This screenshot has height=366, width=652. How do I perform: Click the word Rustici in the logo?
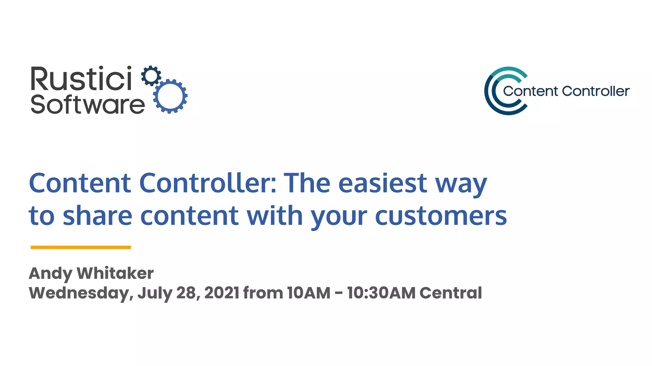pyautogui.click(x=81, y=78)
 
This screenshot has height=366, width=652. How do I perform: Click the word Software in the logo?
pyautogui.click(x=88, y=105)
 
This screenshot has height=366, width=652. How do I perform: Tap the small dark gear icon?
pyautogui.click(x=151, y=76)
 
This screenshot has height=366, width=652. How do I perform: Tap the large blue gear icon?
pyautogui.click(x=170, y=96)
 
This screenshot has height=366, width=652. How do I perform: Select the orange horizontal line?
pyautogui.click(x=81, y=247)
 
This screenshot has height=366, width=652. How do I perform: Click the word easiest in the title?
pyautogui.click(x=382, y=183)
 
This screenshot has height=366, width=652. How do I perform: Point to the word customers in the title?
pyautogui.click(x=441, y=216)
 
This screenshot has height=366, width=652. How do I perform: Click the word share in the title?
pyautogui.click(x=97, y=216)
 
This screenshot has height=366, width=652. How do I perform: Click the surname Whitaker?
pyautogui.click(x=115, y=273)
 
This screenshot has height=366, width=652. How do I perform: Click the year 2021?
pyautogui.click(x=222, y=293)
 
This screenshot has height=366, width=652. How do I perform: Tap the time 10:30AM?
pyautogui.click(x=381, y=293)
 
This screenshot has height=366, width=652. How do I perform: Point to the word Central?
pyautogui.click(x=450, y=293)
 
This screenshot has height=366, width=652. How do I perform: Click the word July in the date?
pyautogui.click(x=155, y=293)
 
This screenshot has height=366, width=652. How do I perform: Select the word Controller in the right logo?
pyautogui.click(x=596, y=91)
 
